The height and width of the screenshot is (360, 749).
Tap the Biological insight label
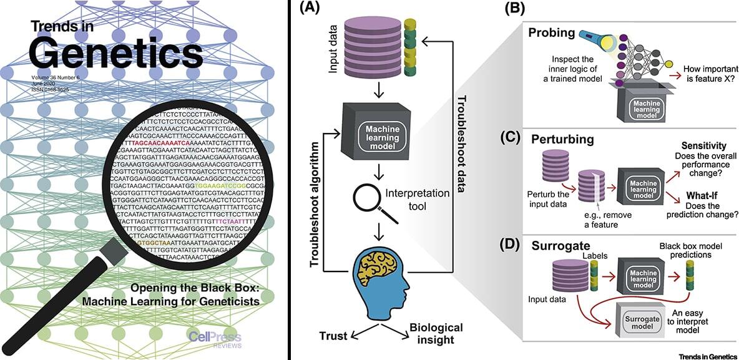click(x=436, y=333)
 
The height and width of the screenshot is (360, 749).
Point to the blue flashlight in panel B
click(x=582, y=42)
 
